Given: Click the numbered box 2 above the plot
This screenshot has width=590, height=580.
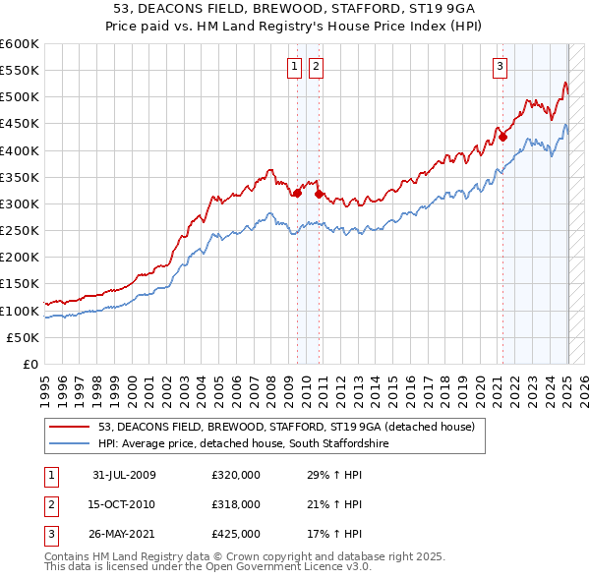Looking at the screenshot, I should click(x=316, y=67).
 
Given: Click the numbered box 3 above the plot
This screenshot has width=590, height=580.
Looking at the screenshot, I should click(x=500, y=67).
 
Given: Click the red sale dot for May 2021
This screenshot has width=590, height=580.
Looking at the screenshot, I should click(x=502, y=137).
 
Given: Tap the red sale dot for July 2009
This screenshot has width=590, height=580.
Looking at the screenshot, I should click(x=297, y=193).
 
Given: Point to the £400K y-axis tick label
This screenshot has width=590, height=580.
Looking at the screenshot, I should click(x=20, y=150).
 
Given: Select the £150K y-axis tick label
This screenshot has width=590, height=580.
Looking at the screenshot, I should click(x=20, y=284).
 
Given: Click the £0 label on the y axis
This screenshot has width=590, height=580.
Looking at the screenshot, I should click(x=31, y=365).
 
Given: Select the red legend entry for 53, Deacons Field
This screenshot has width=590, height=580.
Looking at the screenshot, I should click(x=286, y=427).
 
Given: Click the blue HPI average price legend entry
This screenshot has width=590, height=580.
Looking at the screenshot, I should click(x=259, y=443).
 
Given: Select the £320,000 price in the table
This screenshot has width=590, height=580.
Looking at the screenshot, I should click(x=236, y=475).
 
